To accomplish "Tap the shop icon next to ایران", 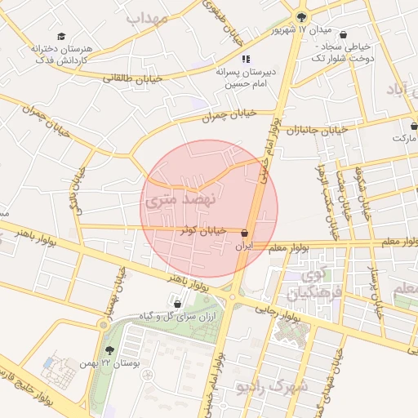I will [245, 233].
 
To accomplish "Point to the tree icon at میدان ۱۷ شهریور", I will [302, 18].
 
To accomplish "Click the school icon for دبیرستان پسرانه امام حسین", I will [245, 59].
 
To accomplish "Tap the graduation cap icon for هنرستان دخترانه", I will [62, 37].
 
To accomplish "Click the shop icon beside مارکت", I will [414, 127].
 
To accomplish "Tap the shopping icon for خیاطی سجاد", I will [342, 35].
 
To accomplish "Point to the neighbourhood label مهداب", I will [147, 18].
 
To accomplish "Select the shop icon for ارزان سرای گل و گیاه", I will [178, 305].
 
